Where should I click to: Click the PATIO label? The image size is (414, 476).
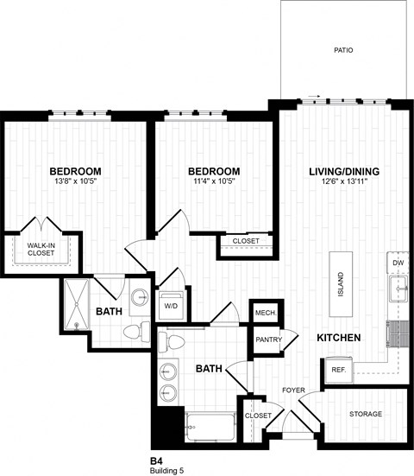click(x=343, y=51)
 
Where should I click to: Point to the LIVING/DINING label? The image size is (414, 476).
click(x=343, y=171)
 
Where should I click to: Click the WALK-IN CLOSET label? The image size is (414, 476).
click(x=41, y=250)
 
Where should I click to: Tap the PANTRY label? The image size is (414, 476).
click(x=268, y=340)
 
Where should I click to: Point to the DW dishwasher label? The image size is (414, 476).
click(x=398, y=262)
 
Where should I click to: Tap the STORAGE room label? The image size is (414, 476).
click(x=366, y=415)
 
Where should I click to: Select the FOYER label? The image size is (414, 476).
click(x=293, y=390)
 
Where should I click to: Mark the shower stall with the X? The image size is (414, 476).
click(x=77, y=304)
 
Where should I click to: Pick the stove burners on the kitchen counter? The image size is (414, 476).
click(x=398, y=332)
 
